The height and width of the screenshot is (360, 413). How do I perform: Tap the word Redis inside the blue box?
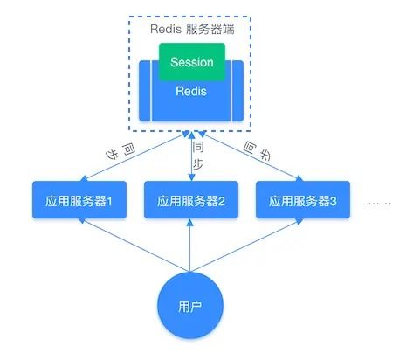coord(191,91)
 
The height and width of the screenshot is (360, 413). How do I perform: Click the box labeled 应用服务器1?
coord(79,201)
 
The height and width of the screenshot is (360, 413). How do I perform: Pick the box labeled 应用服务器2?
coord(191,201)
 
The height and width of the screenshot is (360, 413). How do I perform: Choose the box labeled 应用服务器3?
coord(303,201)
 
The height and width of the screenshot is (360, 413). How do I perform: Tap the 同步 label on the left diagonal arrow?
coord(122,151)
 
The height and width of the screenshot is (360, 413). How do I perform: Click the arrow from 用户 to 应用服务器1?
coord(131,244)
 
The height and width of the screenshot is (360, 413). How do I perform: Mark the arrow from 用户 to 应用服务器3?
coord(249,244)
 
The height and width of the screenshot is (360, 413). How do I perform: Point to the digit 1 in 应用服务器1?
coord(111,201)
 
